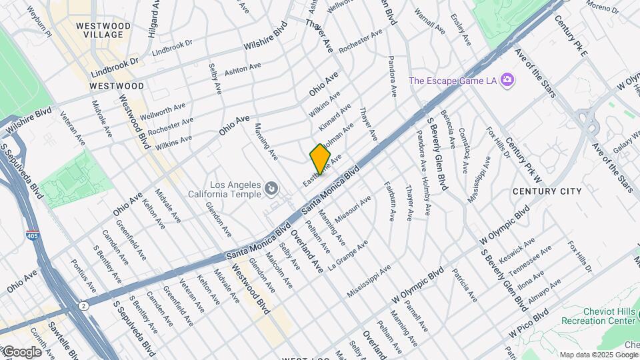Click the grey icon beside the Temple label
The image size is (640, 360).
coord(271,190)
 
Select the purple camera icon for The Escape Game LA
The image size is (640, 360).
coord(507,81)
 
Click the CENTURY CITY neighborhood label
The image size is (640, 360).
coord(547,191)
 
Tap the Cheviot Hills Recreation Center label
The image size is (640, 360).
coord(600,316)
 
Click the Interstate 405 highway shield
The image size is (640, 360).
coord(32,235)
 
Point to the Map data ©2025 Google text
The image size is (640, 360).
coord(599,355)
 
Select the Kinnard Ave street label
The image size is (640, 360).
coord(335,116)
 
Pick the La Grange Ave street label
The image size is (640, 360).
coord(347,255)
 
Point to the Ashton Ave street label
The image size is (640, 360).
coord(243,70)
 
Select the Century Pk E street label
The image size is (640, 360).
coord(567,34)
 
